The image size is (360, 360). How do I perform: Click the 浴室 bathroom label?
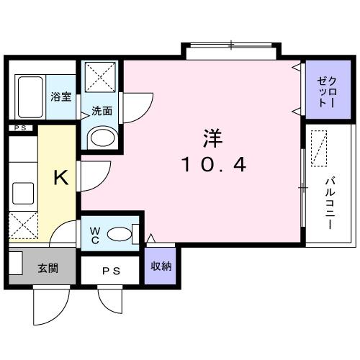pyautogui.click(x=60, y=96)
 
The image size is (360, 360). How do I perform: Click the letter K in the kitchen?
pyautogui.click(x=62, y=178)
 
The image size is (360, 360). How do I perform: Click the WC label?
pyautogui.click(x=95, y=235)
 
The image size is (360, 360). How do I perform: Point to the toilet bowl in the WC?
pyautogui.click(x=123, y=233)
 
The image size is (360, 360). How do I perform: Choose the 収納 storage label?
pyautogui.click(x=161, y=266)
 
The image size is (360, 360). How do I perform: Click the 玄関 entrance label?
pyautogui.click(x=48, y=269)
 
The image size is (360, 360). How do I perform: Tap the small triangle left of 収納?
pyautogui.click(x=150, y=238)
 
